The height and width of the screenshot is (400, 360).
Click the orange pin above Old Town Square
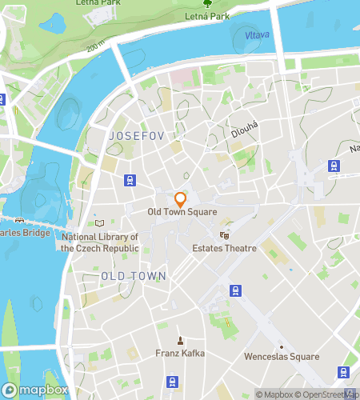coord(181,199)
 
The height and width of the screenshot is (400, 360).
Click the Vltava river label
coord(257,35)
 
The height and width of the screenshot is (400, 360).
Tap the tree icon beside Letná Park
coord(207,3)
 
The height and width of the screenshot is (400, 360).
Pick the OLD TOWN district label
coord(134,275)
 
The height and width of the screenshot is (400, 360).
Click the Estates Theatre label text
coord(225,248)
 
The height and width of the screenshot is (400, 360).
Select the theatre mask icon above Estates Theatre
coord(225,235)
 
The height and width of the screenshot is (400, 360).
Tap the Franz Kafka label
coord(181,353)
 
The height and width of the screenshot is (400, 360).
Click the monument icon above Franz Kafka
coord(181,340)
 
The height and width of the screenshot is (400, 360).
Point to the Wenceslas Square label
coord(281,357)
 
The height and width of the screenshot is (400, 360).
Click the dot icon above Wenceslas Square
coord(281,346)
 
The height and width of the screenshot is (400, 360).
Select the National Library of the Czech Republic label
coord(100,242)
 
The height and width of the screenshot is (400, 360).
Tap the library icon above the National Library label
coord(100,222)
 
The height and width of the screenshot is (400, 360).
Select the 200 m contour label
coord(96,50)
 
